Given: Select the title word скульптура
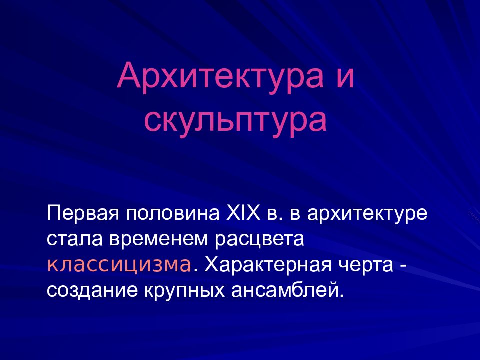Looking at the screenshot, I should [236, 119].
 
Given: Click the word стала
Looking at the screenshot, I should [71, 239].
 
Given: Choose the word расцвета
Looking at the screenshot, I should [260, 239].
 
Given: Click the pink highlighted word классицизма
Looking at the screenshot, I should [119, 264].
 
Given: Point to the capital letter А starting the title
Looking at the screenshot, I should [128, 76].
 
